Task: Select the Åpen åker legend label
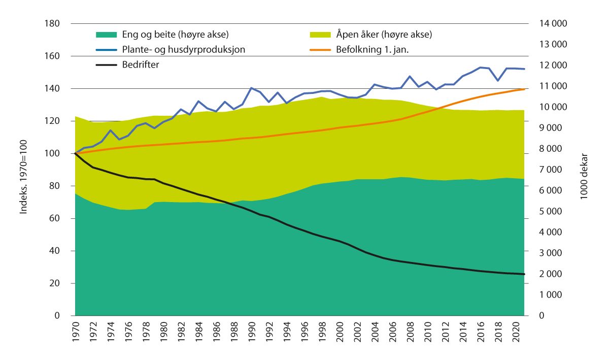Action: tap(384, 35)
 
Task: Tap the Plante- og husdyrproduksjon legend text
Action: tap(184, 50)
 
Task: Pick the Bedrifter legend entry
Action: tap(141, 64)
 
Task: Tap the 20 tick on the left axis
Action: tap(55, 283)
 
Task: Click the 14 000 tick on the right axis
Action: tap(553, 24)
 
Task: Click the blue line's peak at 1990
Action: tap(251, 88)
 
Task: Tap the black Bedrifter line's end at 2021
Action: tap(524, 274)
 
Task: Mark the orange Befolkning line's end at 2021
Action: tap(524, 89)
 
